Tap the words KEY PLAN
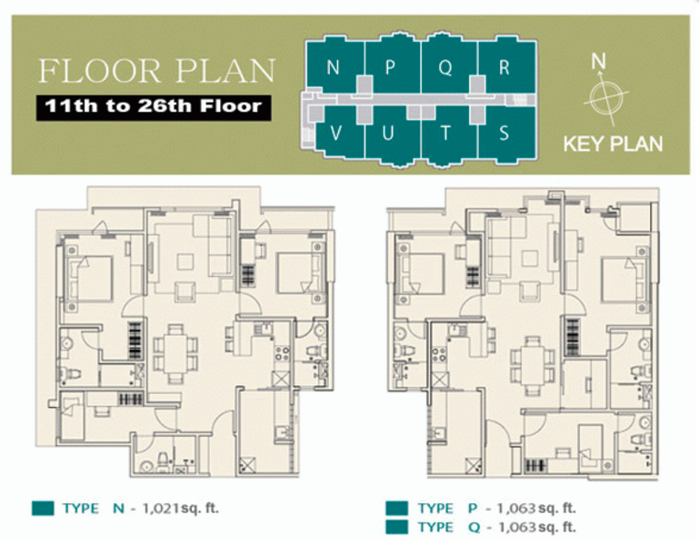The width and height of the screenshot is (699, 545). (613, 144)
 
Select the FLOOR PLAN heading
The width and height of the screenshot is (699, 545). (156, 71)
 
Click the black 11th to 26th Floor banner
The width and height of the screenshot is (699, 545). (154, 107)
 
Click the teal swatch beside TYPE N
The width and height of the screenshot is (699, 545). (43, 508)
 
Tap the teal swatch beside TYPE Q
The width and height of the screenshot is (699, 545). (396, 527)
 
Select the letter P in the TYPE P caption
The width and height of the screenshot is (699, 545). (473, 508)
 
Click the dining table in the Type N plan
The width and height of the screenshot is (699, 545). (175, 353)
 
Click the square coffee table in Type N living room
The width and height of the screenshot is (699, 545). (185, 262)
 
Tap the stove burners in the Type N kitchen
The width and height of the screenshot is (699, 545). (282, 353)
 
